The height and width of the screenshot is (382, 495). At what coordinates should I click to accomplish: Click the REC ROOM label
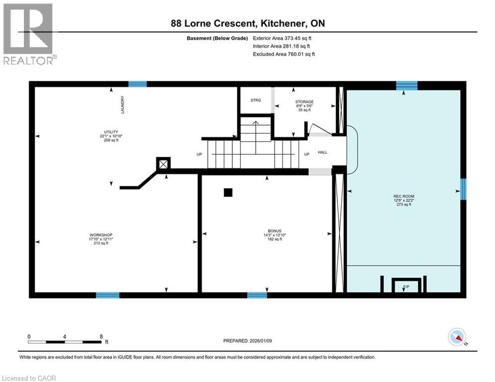point(404,196)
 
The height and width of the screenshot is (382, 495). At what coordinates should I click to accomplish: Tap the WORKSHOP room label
point(100,235)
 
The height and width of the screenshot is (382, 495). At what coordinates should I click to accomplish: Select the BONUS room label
point(274,231)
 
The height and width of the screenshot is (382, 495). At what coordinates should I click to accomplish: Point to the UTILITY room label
point(111,132)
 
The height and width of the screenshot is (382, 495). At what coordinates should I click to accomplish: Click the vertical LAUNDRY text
point(122,104)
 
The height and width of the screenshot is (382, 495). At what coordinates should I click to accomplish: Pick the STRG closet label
point(256,100)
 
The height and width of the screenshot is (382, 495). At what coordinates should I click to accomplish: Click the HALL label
point(323,152)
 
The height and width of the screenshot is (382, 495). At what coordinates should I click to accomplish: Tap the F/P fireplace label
point(406,286)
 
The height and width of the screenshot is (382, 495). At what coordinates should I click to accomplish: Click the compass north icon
point(457,337)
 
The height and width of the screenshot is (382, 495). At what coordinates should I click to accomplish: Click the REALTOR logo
point(28,34)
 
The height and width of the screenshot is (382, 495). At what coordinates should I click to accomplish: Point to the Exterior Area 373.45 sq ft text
point(282,38)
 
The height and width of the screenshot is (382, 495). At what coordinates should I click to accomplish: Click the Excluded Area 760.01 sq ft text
point(284,54)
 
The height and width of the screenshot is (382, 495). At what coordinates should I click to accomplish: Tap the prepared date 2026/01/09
point(261,341)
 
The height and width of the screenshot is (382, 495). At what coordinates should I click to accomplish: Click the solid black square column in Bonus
point(228,192)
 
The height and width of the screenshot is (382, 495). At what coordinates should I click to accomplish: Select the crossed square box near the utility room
point(163,164)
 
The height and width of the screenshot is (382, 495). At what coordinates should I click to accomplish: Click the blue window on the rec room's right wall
point(463,189)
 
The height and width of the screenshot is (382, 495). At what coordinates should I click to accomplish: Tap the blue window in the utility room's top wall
point(137,84)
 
